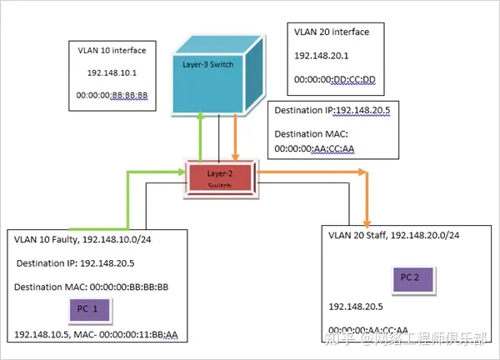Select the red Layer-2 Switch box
[x=219, y=178]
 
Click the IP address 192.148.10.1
[x=111, y=73]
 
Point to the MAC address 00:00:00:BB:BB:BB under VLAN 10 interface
[x=112, y=96]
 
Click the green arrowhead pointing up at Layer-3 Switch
[x=201, y=122]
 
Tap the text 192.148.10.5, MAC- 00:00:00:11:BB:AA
[x=97, y=335]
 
